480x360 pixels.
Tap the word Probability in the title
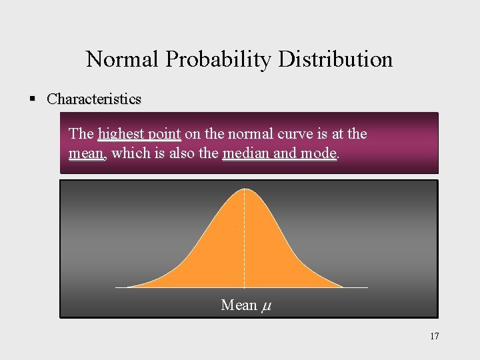[x=219, y=59]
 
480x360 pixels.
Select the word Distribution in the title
[x=335, y=59]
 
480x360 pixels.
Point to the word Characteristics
[x=94, y=99]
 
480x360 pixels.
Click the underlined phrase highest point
[x=139, y=134]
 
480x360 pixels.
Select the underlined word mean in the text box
[x=86, y=153]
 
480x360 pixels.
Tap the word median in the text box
[x=246, y=153]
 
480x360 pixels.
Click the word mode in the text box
[x=319, y=153]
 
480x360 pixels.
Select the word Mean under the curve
[x=239, y=305]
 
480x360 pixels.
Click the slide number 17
[x=434, y=337]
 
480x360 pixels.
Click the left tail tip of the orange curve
[x=129, y=287]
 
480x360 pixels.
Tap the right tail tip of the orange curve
[x=342, y=287]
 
